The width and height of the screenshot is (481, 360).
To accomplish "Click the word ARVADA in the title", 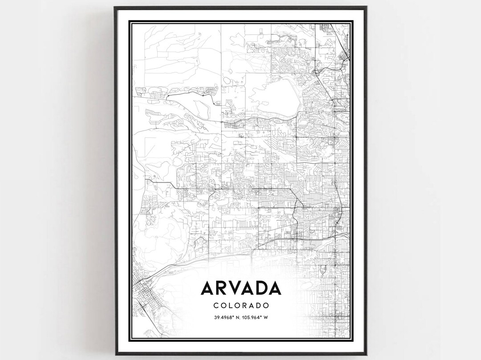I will (241, 288).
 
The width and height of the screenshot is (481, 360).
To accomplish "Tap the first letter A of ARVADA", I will (208, 288).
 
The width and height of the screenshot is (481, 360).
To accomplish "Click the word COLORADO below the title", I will (241, 306).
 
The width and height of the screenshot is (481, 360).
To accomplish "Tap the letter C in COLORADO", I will (216, 306).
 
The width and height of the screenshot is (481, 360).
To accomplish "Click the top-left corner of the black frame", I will (115, 7).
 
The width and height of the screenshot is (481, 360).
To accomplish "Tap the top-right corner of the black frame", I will (366, 7).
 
